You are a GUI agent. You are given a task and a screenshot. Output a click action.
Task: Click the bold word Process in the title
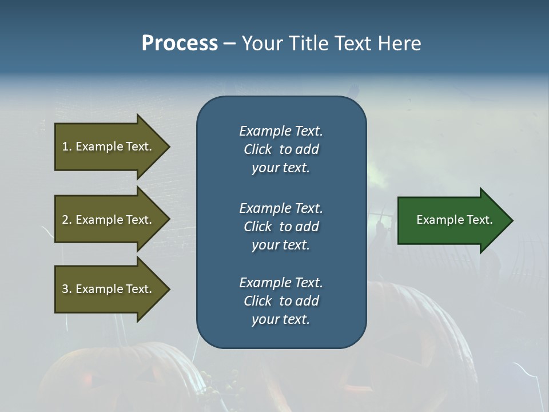click(x=180, y=43)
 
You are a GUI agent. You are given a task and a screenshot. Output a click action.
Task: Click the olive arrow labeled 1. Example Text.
click(x=109, y=147)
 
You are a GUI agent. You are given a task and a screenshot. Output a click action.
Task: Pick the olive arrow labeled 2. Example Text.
click(x=109, y=220)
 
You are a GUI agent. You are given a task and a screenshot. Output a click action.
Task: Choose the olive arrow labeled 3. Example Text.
click(x=109, y=289)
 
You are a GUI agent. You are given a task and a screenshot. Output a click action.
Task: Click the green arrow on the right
click(x=452, y=220)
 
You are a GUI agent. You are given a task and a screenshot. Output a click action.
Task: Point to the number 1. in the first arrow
click(x=67, y=147)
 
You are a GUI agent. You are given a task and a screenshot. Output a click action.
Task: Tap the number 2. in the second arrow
click(x=67, y=220)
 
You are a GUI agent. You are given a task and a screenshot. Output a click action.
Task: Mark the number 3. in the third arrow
click(x=67, y=289)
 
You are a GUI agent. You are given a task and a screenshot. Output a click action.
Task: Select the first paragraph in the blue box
click(x=281, y=149)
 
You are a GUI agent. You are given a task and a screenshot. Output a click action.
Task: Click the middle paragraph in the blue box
click(x=281, y=227)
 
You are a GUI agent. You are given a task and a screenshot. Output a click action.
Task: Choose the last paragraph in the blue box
click(x=281, y=301)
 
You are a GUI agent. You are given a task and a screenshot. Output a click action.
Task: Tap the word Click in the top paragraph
click(x=257, y=150)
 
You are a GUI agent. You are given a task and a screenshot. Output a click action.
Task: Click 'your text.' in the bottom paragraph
click(x=281, y=320)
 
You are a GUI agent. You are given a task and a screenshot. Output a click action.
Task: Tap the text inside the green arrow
click(x=455, y=220)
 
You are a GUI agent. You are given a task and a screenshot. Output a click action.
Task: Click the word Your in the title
click(x=261, y=43)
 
